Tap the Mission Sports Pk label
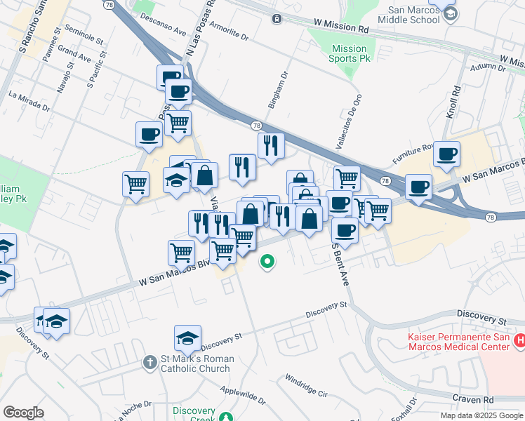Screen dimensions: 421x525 click(349, 53)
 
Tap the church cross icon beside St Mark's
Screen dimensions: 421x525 click(149, 363)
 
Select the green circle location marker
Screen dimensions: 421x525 click(267, 262)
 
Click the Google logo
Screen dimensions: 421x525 click(23, 413)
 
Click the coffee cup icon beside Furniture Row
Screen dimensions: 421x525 click(446, 154)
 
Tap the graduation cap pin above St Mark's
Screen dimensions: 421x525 click(187, 339)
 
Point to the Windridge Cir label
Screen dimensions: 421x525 click(306, 387)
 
